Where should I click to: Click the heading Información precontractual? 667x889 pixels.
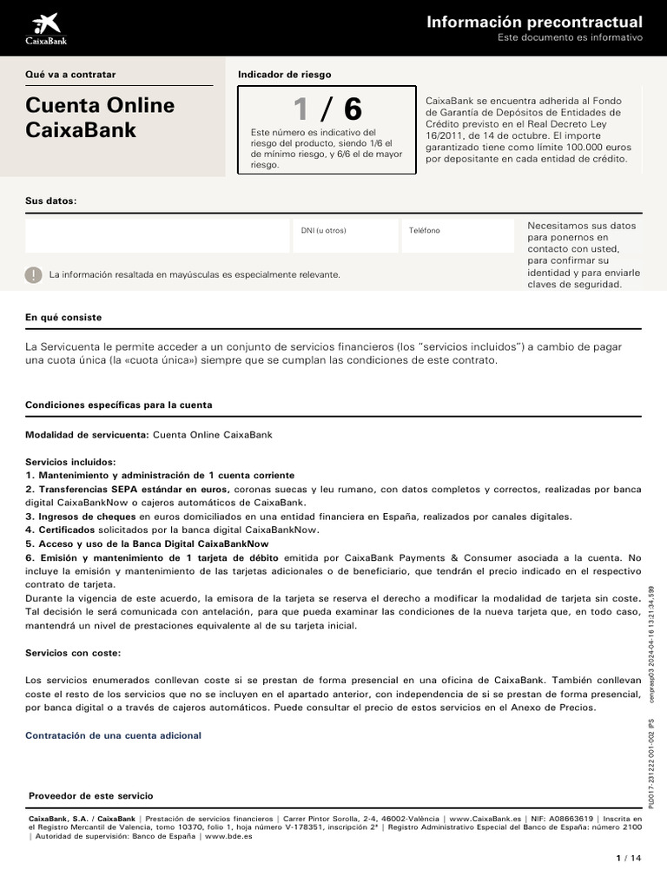coord(534,22)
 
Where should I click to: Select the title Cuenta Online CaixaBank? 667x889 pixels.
coord(100,117)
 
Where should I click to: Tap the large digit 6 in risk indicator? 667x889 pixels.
coord(353,109)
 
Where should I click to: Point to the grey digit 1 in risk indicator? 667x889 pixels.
coord(300,109)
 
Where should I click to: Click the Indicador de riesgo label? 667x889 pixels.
coord(284,75)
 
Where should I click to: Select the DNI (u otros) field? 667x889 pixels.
coord(346,235)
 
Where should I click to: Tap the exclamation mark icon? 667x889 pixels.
coord(34,274)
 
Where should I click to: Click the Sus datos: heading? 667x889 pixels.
coord(51,201)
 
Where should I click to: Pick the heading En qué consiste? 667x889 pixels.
coord(63,318)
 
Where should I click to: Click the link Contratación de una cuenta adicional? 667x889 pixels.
coord(113,735)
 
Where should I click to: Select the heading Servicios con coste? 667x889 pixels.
coord(73,652)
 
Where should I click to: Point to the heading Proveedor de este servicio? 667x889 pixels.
coord(90,795)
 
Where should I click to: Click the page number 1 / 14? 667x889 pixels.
coord(628,859)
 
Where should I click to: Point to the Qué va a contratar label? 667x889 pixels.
coord(70,75)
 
